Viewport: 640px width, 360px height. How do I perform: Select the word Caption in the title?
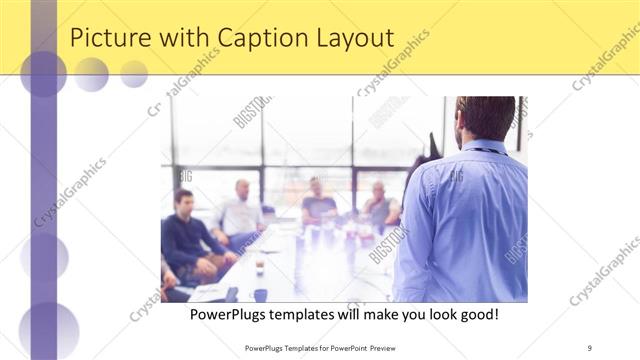[x=270, y=39]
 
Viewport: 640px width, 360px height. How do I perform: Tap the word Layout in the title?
[x=355, y=39]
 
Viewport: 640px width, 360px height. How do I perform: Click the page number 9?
[x=590, y=347]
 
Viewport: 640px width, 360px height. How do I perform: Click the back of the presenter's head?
[x=486, y=115]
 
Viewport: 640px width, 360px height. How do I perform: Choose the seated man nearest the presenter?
[x=380, y=205]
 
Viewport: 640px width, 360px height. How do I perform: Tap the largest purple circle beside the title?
[x=43, y=73]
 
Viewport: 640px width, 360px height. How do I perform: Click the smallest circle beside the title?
[x=134, y=74]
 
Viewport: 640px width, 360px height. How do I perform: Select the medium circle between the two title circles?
[x=91, y=74]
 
